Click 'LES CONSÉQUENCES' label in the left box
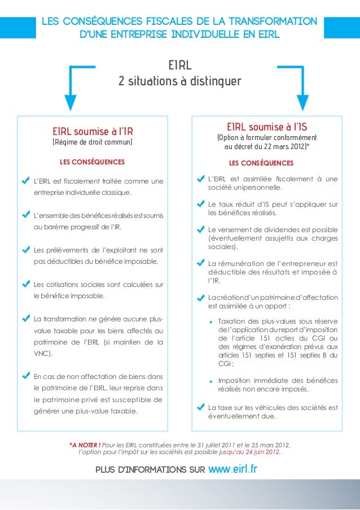coord(92,162)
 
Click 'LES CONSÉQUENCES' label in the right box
coord(261,163)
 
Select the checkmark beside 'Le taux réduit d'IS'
coord(200,203)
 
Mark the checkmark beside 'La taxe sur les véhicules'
coord(200,407)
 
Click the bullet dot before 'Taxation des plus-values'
coord(211,321)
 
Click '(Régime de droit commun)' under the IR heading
coord(92,142)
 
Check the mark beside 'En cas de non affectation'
coord(25,376)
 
